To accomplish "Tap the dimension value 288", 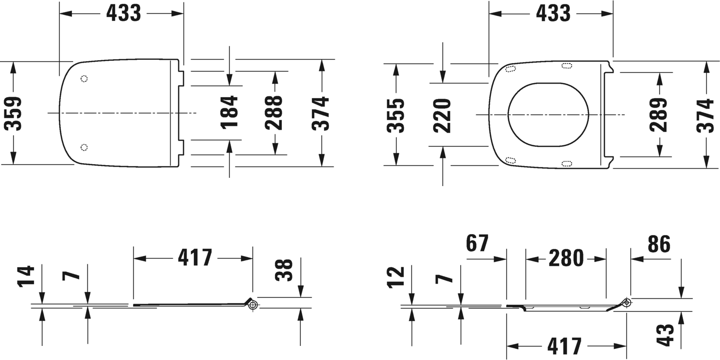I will (274, 112).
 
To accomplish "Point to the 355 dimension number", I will (396, 115).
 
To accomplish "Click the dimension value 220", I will (442, 115).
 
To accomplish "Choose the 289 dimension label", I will (659, 115).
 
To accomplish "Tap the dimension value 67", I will (477, 243).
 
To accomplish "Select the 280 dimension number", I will (566, 258).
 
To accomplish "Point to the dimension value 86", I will (659, 243).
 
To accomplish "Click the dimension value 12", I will (397, 278).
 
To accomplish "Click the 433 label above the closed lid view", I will (123, 13).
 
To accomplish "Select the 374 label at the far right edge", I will (705, 115).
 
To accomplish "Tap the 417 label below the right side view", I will (565, 346).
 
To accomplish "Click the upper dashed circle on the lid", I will (84, 78).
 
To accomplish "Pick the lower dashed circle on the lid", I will (84, 147).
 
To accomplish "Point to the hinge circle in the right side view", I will (627, 302).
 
